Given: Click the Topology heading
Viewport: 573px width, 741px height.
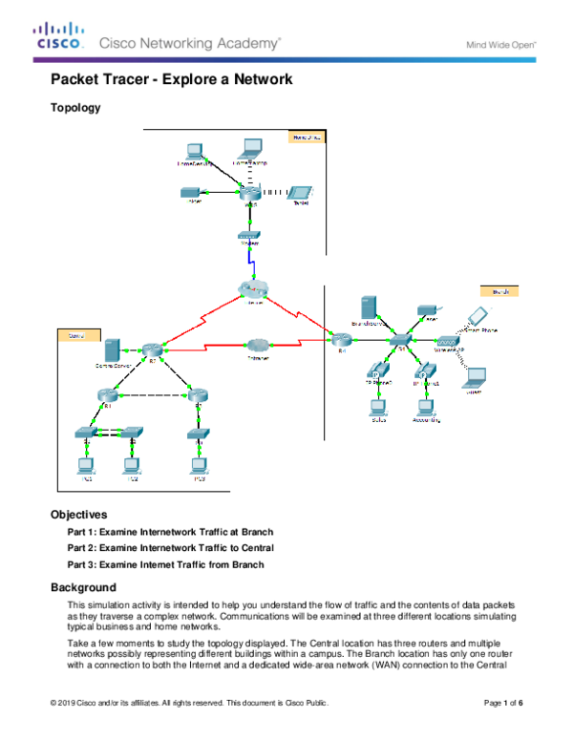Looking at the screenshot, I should coord(75,108).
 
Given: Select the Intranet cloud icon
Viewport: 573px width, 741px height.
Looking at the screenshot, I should coord(257,345).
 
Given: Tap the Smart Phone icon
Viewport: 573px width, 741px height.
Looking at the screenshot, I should coord(474,318).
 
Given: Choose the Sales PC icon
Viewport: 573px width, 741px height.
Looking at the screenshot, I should coord(377,404).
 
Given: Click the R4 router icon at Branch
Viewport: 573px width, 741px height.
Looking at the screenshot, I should coord(339,338).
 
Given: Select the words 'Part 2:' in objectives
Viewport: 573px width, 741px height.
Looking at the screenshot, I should coord(83,548).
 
